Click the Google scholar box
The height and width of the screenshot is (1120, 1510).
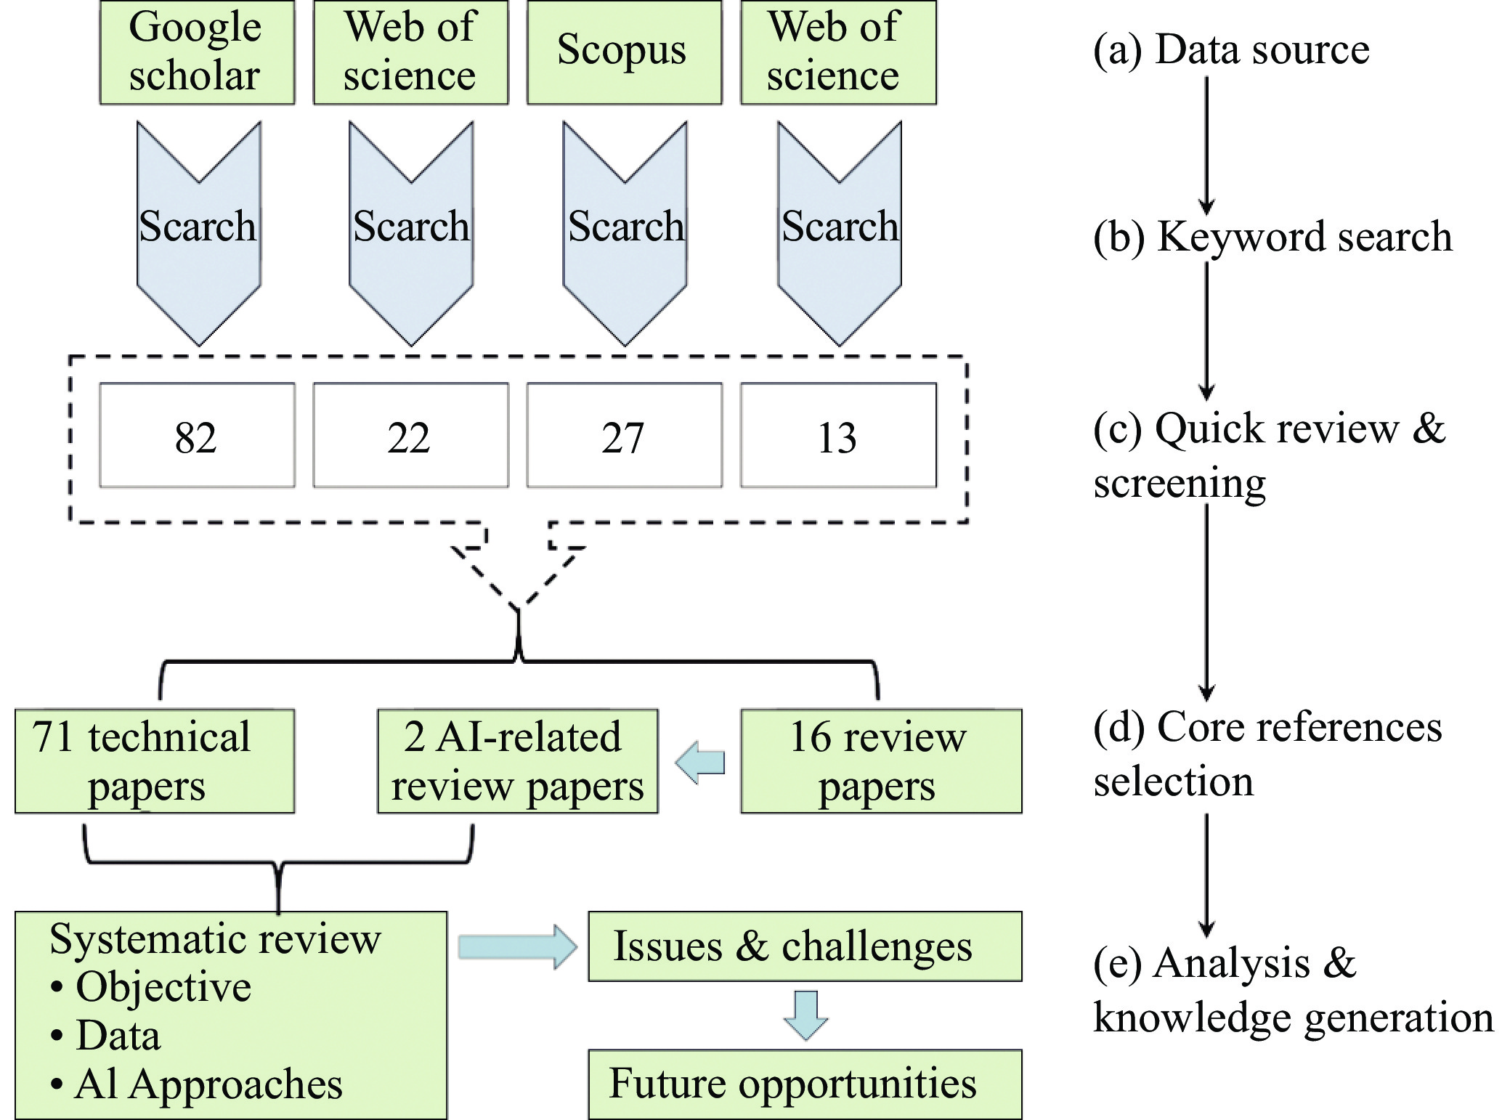(x=197, y=52)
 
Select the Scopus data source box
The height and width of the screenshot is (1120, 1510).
(x=624, y=52)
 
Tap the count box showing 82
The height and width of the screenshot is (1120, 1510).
(x=197, y=435)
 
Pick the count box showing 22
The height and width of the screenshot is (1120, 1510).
(x=410, y=435)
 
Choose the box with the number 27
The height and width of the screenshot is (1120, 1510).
(x=624, y=435)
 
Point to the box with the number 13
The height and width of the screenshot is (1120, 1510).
(x=838, y=435)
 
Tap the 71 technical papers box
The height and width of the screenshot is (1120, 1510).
(x=155, y=761)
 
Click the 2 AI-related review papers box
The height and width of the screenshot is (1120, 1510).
(x=517, y=761)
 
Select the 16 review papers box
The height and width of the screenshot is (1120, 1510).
(x=881, y=761)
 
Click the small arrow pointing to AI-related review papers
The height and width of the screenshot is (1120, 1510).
(x=699, y=763)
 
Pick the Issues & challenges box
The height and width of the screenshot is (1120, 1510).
(x=805, y=946)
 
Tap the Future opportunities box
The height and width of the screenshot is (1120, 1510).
(x=805, y=1084)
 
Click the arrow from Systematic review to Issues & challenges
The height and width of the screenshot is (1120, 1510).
(x=517, y=946)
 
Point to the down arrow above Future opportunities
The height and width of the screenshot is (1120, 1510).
(x=806, y=1015)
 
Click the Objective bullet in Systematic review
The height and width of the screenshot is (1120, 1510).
(x=151, y=987)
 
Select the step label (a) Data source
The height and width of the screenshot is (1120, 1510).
(x=1231, y=49)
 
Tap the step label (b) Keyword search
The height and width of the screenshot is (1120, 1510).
(x=1272, y=237)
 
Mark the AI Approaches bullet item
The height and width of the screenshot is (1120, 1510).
(x=196, y=1084)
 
